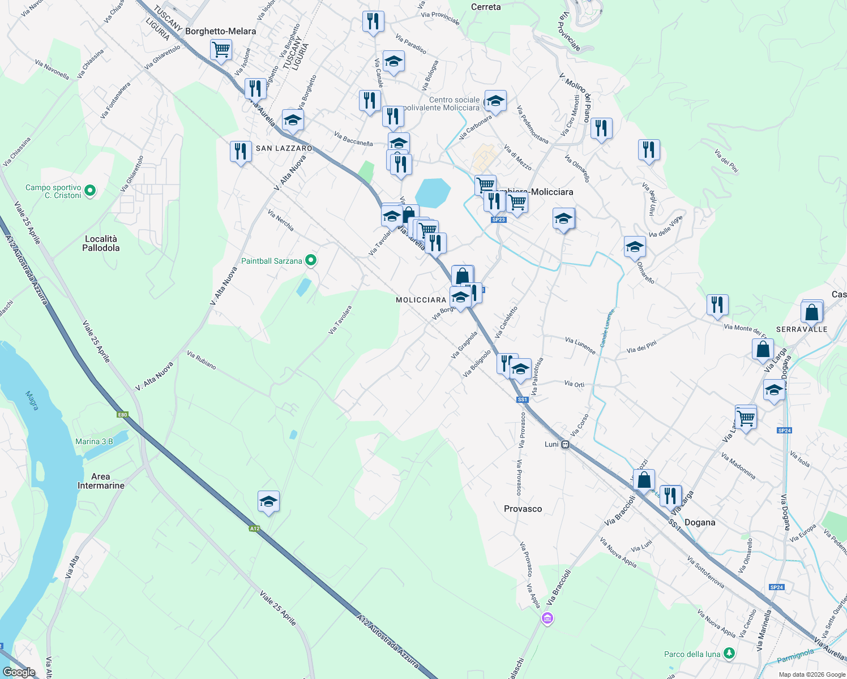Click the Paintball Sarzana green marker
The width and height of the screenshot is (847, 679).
310,261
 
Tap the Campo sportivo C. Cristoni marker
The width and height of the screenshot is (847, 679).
89,191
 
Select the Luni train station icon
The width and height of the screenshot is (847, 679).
565,445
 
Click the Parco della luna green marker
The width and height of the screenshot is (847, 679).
729,654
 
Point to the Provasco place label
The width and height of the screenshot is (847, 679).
523,509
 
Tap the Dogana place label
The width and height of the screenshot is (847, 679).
700,522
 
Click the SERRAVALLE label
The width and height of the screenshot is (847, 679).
802,329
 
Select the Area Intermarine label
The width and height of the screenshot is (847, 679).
101,481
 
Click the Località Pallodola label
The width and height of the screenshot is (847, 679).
101,243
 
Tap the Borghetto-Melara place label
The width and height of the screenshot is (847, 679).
220,31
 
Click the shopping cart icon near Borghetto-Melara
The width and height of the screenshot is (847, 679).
221,49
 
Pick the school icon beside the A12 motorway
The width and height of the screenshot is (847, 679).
268,501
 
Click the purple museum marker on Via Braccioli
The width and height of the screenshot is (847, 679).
547,618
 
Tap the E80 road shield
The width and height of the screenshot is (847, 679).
122,415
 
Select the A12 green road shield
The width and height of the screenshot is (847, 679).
254,528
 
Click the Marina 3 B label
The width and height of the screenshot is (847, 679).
94,441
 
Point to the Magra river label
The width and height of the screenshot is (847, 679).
32,400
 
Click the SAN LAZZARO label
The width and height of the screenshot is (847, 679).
284,148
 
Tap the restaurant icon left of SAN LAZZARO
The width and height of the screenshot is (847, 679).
241,152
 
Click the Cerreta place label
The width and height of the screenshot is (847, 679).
486,7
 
